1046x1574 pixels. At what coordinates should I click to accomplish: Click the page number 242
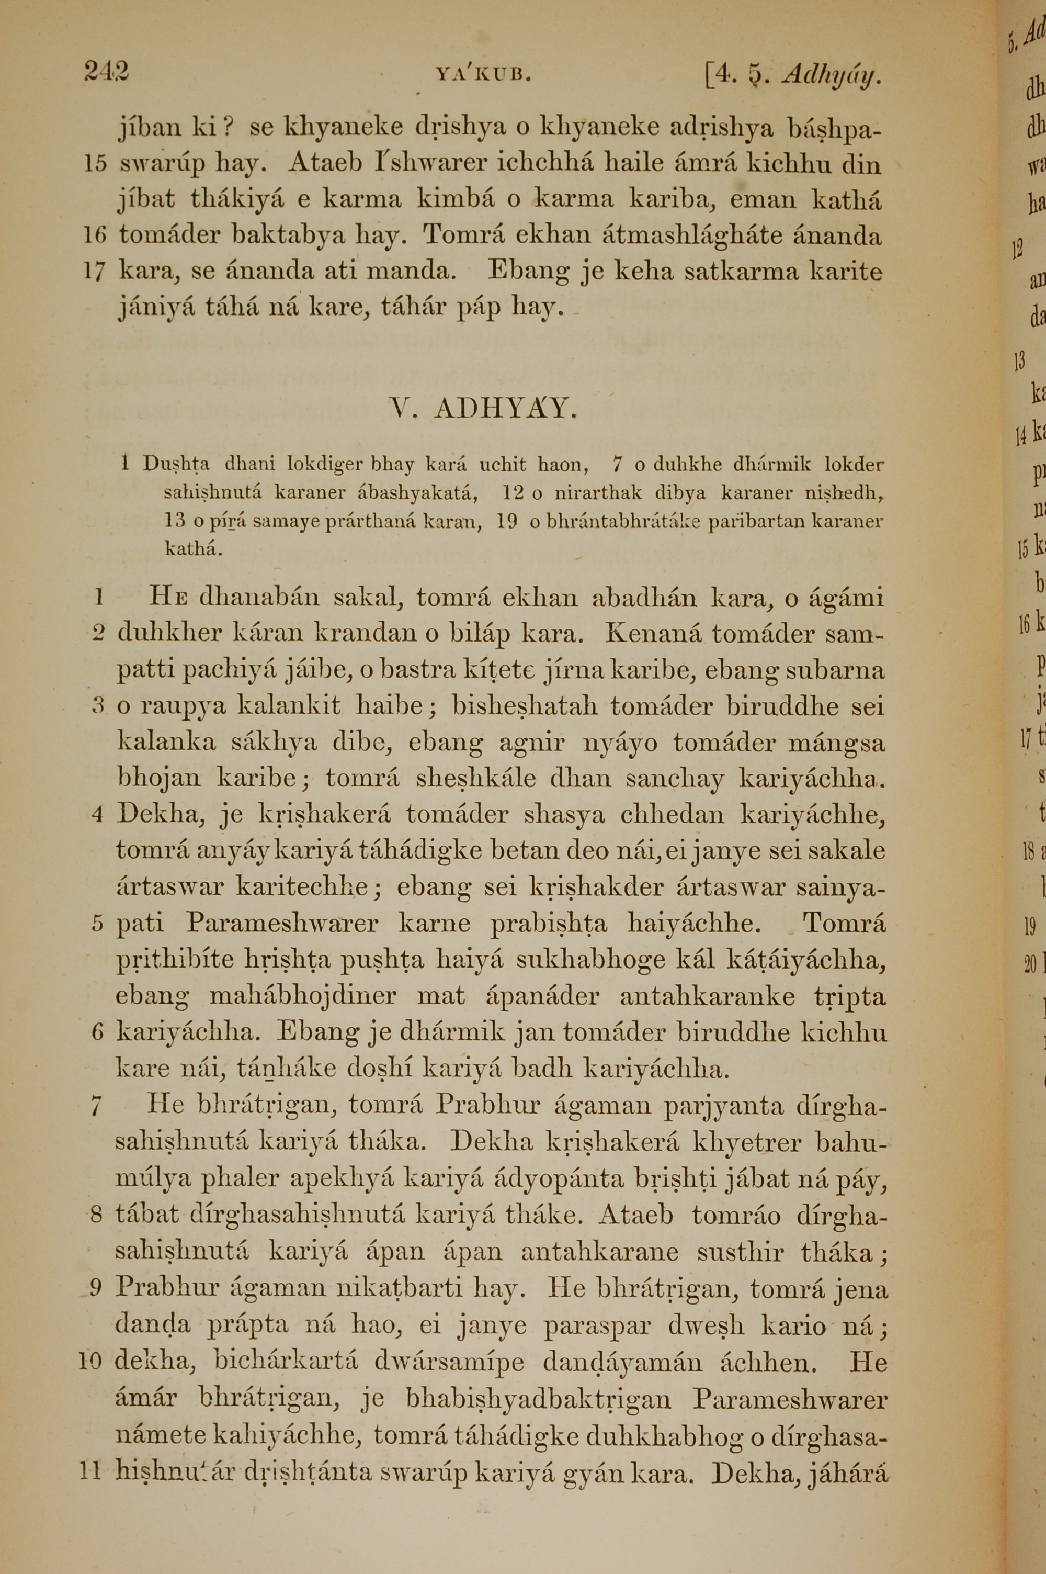(x=107, y=71)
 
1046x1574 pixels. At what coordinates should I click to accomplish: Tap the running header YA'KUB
(x=483, y=75)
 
